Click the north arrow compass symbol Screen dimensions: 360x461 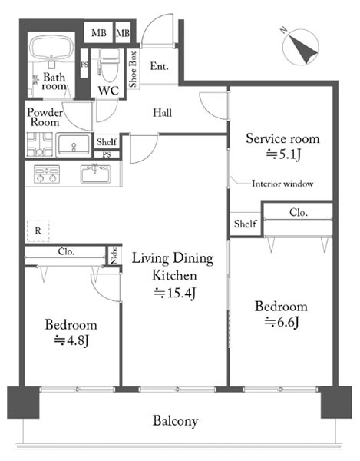pyautogui.click(x=300, y=46)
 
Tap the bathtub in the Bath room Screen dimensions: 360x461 pyautogui.click(x=51, y=48)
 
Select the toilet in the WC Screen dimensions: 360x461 pyautogui.click(x=109, y=65)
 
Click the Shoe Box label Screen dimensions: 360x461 pyautogui.click(x=133, y=69)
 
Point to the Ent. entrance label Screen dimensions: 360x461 pyautogui.click(x=159, y=66)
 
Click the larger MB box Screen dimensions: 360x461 pyautogui.click(x=99, y=32)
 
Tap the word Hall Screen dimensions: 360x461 pyautogui.click(x=162, y=113)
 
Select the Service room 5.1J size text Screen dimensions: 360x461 pyautogui.click(x=283, y=154)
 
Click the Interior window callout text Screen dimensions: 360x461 pyautogui.click(x=282, y=184)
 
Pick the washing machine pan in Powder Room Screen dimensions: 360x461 pyautogui.click(x=40, y=144)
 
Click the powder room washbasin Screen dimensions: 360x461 pyautogui.click(x=74, y=144)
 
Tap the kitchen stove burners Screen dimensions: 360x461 pyautogui.click(x=46, y=174)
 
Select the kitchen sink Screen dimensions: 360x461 pyautogui.click(x=96, y=174)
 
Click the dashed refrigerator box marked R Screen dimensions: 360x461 pyautogui.click(x=38, y=231)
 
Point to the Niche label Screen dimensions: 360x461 pyautogui.click(x=114, y=255)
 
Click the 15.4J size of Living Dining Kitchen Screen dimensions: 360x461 pyautogui.click(x=175, y=294)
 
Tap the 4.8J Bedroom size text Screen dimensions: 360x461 pyautogui.click(x=71, y=341)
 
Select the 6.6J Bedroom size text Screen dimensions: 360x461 pyautogui.click(x=282, y=323)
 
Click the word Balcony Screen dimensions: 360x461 pyautogui.click(x=175, y=421)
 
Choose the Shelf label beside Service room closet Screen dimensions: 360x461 pyautogui.click(x=245, y=224)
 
